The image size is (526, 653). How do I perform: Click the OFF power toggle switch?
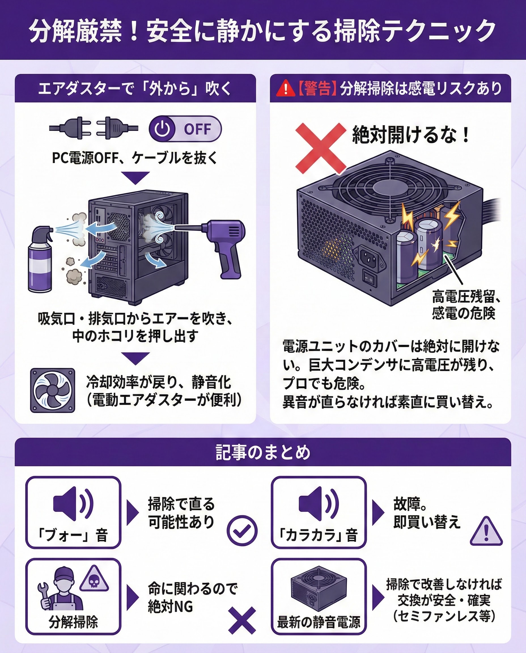[x=185, y=129]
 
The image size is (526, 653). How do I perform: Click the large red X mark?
[x=321, y=149]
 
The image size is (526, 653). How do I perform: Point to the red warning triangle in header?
[x=285, y=89]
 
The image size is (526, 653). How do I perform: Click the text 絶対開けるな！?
[x=411, y=135]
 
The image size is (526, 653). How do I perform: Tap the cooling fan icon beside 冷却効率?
[x=52, y=390]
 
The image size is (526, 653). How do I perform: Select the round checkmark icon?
[x=242, y=530]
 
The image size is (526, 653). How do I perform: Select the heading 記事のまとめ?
[x=263, y=452]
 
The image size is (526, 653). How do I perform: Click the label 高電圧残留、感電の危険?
[x=466, y=304]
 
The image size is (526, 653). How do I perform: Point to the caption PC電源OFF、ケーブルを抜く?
[x=135, y=158]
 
